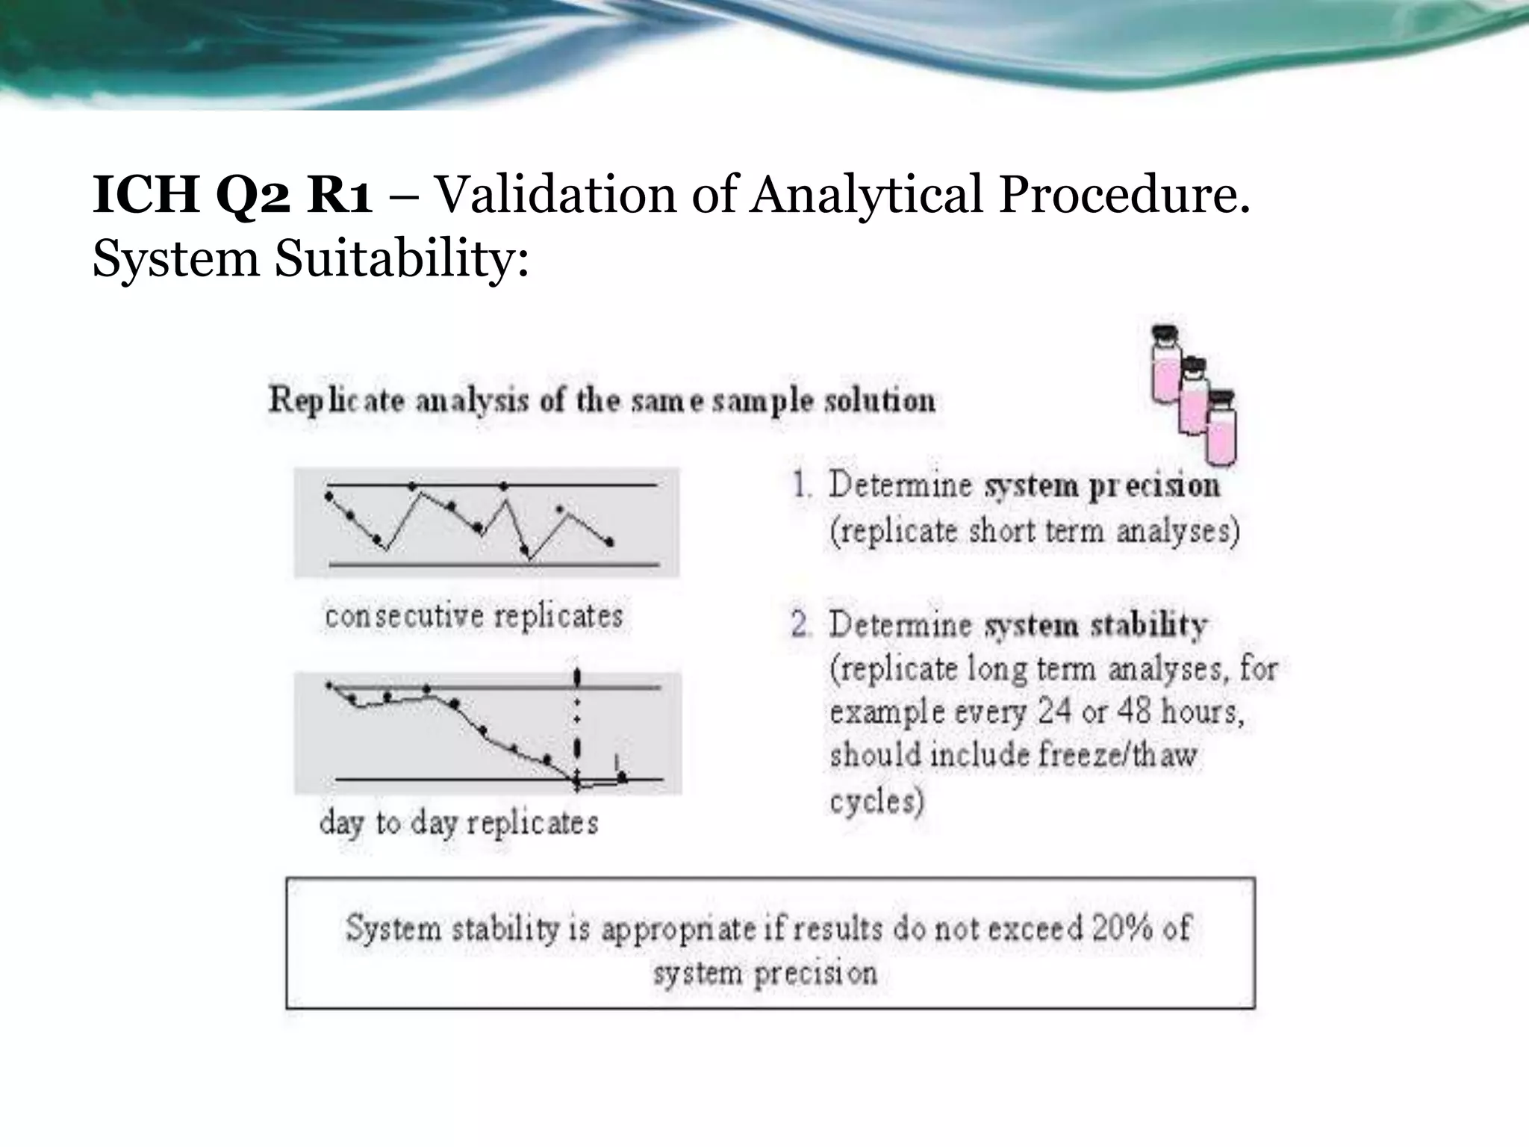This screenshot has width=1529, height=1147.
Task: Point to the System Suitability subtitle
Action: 311,259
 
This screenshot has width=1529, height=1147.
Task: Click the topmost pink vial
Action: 1165,366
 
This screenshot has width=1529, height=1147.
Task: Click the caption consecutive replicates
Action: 474,617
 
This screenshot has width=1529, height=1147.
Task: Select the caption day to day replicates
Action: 459,824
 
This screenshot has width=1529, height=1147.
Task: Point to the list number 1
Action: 802,486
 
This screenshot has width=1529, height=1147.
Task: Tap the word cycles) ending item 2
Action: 876,801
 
